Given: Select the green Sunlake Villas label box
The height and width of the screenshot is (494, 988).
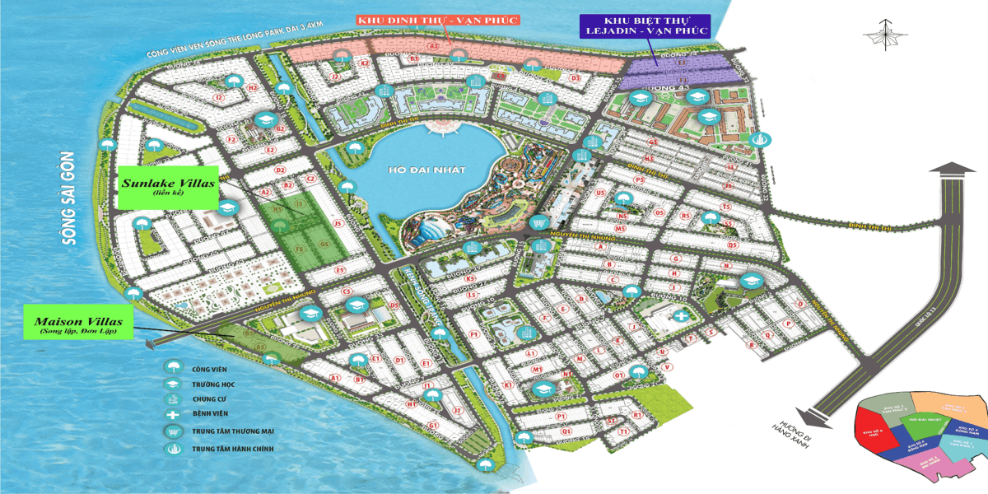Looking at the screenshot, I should pos(166,184).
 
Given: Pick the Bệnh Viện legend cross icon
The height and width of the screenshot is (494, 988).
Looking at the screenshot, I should pos(173,416).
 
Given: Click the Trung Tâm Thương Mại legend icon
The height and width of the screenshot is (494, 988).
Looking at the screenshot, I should pos(173,432).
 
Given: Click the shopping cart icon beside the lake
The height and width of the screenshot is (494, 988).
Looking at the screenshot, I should pos(538,222).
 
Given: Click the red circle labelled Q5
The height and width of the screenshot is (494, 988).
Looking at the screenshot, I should pos(732,245).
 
